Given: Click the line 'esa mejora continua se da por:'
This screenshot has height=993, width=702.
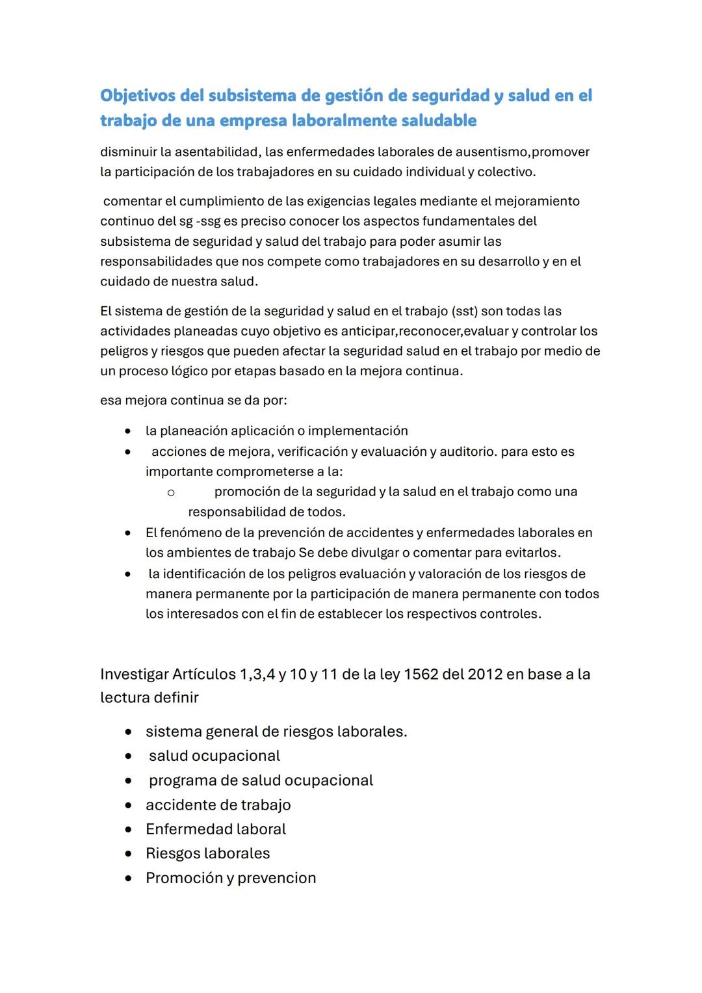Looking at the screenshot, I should (193, 400).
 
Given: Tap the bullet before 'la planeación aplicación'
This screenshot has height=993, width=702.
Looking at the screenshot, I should (129, 431).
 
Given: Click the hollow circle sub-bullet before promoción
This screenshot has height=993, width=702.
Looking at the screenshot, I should (170, 493).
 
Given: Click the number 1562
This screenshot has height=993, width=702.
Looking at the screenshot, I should (420, 674).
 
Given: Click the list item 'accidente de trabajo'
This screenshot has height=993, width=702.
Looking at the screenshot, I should (218, 805).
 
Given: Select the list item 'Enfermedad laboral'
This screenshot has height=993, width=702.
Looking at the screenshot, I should (215, 829).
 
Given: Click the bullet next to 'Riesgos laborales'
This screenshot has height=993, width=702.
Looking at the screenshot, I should (129, 854).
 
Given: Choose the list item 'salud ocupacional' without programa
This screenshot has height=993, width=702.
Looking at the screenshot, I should (214, 756).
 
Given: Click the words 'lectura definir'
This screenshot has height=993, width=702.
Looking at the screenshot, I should (149, 698).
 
